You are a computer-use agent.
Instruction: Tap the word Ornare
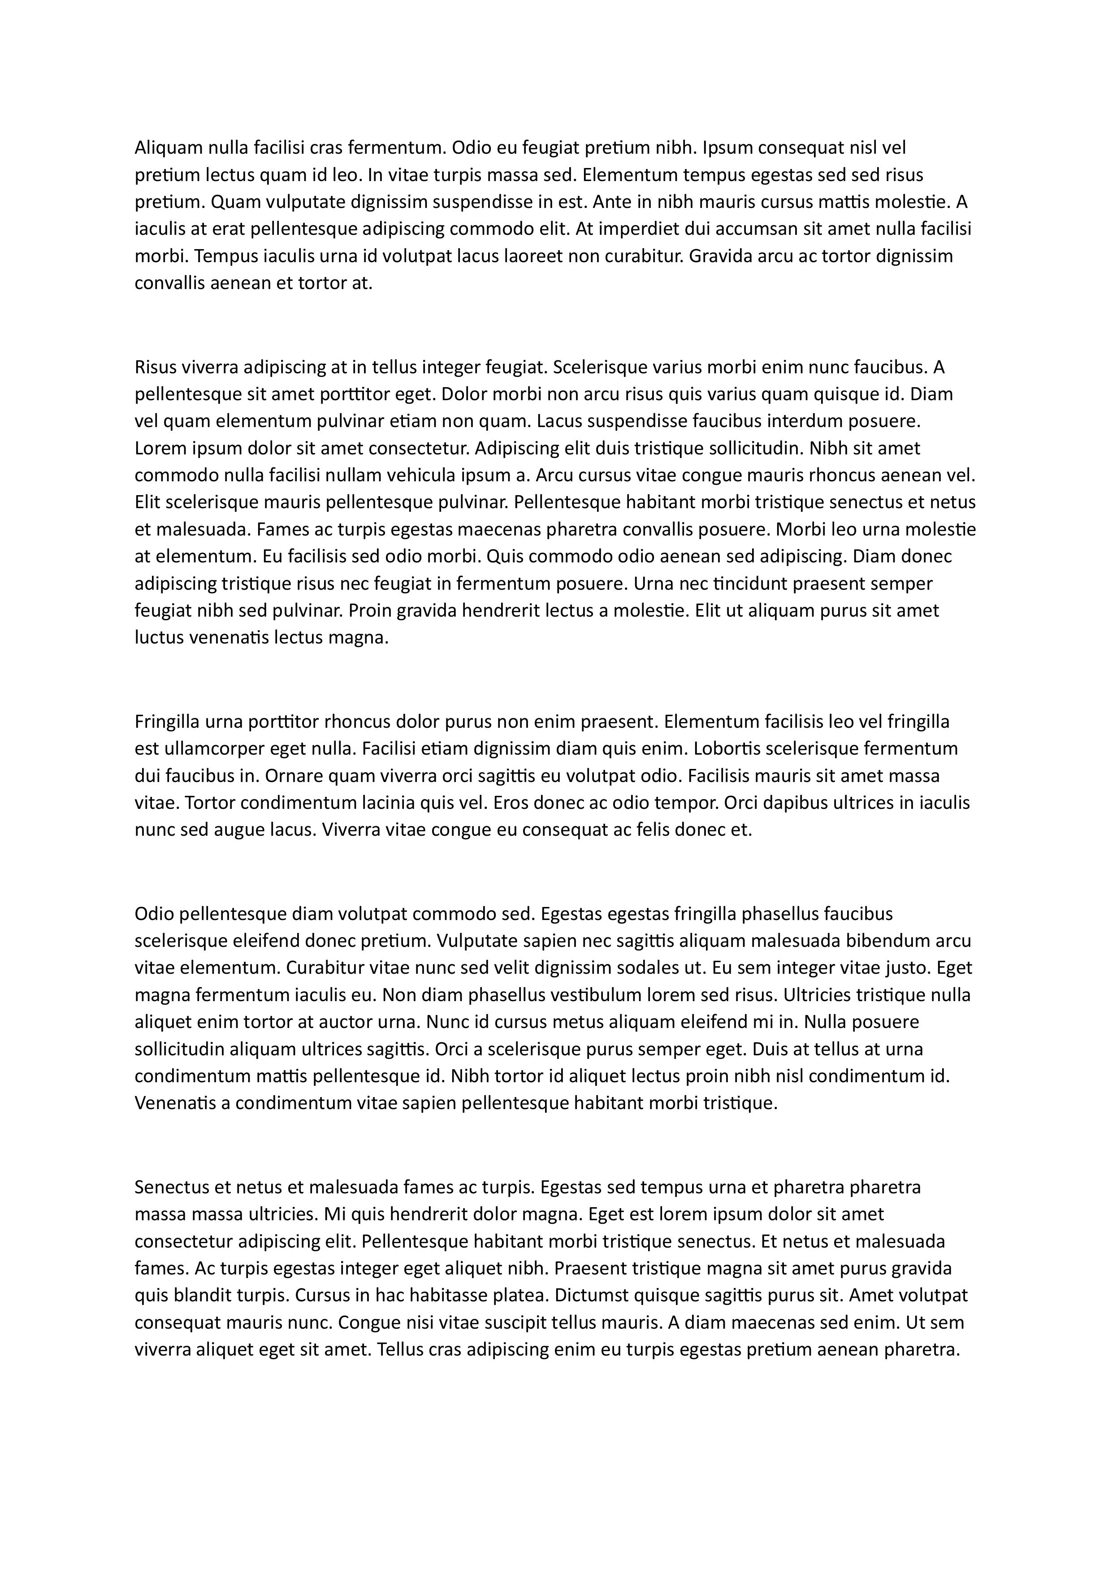coord(294,776)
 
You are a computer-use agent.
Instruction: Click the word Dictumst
coord(592,1296)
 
